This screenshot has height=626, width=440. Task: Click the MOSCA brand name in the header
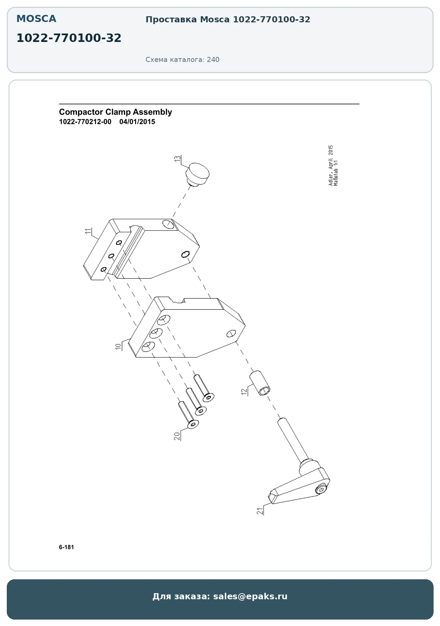pos(36,19)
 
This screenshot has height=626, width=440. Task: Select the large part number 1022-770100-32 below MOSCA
pos(69,38)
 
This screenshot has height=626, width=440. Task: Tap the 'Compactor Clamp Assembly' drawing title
pos(115,112)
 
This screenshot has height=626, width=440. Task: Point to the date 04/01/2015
pos(137,122)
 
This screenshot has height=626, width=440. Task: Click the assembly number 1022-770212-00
pos(85,122)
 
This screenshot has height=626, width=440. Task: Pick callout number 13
pos(177,158)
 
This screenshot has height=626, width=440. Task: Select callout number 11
pos(88,231)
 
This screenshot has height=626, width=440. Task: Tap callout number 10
pos(118,346)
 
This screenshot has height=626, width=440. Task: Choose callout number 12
pos(244,392)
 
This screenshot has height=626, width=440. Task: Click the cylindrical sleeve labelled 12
pos(260,383)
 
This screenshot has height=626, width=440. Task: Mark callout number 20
pos(177,436)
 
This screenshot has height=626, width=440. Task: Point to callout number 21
pos(260,511)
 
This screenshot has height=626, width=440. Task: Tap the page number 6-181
pos(66,547)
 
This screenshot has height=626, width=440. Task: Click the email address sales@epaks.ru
pos(250,596)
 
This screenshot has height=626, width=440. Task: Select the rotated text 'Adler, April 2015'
pos(331,165)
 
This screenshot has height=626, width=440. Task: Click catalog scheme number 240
pos(213,60)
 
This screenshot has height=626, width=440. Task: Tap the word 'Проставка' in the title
pos(171,20)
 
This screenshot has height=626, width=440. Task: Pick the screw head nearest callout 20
pos(193,424)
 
